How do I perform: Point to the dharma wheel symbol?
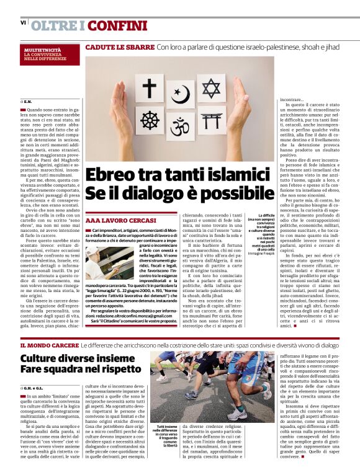coord(149,120)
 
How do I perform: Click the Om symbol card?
coord(180,127)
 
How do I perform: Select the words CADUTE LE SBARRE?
coord(119,47)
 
